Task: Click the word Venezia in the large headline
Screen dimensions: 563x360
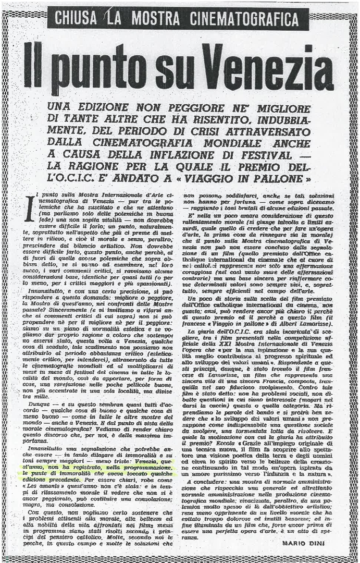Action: (268, 66)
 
